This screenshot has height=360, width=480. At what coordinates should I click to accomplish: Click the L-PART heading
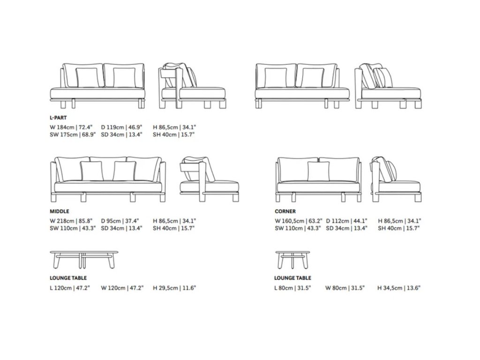58,118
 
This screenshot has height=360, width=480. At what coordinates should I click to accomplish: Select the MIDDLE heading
59,211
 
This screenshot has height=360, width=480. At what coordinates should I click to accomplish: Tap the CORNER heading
285,211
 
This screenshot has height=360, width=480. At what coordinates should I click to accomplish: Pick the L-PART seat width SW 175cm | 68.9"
73,135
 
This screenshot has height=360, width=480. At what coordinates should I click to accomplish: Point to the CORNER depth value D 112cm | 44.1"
347,220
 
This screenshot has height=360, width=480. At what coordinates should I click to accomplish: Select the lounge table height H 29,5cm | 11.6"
174,287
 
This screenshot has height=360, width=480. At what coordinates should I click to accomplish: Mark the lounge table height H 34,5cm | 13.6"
399,287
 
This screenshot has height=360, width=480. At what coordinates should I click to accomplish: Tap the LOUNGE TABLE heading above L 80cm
293,278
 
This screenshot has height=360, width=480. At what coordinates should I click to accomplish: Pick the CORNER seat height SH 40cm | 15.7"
398,228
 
